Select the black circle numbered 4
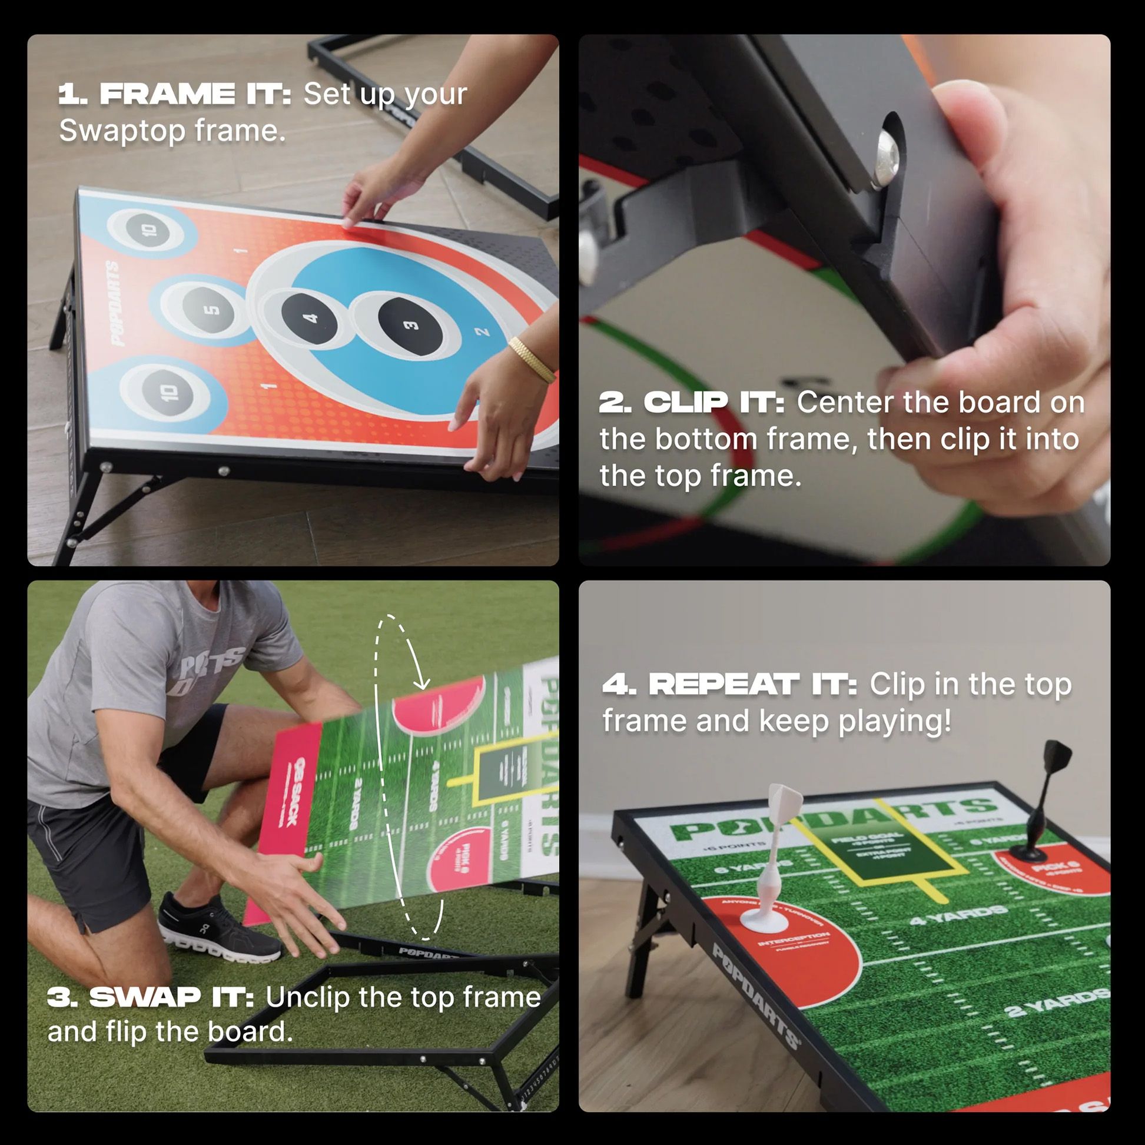tap(310, 319)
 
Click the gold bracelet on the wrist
tap(532, 359)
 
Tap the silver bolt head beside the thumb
tap(887, 157)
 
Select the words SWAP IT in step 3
tap(172, 997)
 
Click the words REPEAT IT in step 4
tap(753, 685)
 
